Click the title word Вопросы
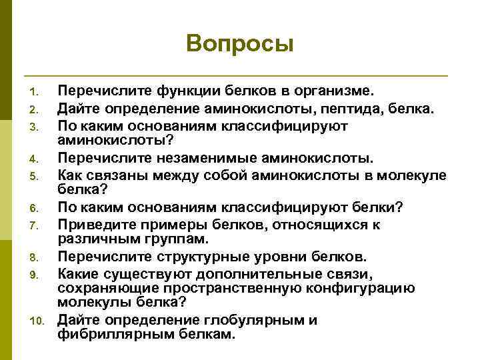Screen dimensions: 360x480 click(240, 43)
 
